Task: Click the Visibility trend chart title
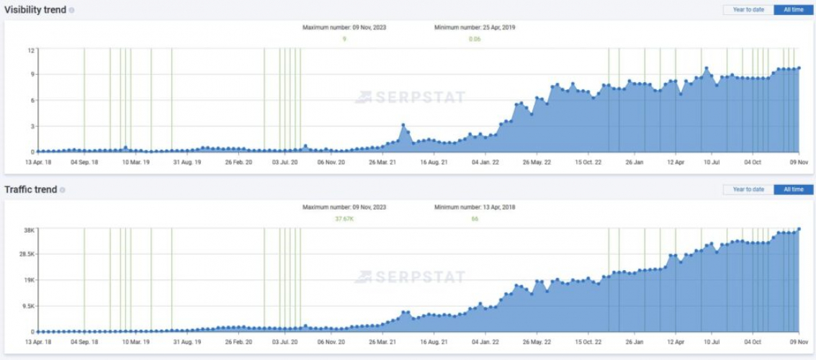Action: pos(35,9)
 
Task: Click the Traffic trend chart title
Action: pos(31,189)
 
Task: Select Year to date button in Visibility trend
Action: pos(748,9)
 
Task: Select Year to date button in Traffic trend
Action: pos(748,189)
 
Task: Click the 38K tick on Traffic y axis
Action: pos(30,230)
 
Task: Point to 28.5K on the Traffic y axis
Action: pos(27,254)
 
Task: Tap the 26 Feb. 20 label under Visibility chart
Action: pos(238,163)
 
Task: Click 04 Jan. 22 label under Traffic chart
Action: pos(485,343)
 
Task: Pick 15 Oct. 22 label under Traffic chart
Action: pos(588,343)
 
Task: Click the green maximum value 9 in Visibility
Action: pos(344,39)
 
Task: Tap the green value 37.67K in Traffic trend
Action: pos(344,219)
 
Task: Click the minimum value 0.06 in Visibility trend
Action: pos(475,39)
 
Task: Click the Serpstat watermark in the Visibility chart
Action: pos(410,97)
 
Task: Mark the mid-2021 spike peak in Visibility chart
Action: pos(403,125)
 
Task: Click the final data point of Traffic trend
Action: pos(799,230)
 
